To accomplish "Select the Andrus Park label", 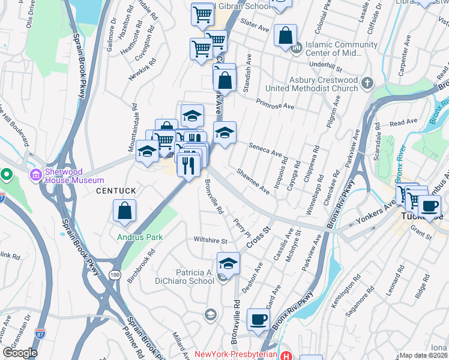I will click(140, 237).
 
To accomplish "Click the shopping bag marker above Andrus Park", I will click(124, 211).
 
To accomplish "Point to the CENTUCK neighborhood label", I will click(117, 191).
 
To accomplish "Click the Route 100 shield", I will click(114, 275).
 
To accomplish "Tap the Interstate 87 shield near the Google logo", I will click(41, 332).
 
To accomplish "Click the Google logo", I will click(20, 352).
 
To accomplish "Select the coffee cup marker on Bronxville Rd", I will click(258, 319).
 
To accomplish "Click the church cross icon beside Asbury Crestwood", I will click(367, 83).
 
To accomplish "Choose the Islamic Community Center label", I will click(342, 49).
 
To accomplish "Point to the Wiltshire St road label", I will click(211, 241).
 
